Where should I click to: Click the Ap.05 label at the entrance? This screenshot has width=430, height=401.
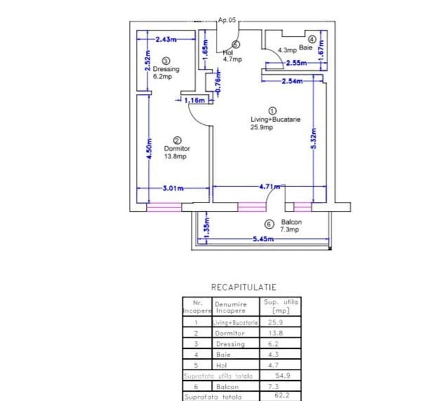click(x=227, y=20)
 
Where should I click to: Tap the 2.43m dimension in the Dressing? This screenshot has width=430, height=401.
click(x=166, y=39)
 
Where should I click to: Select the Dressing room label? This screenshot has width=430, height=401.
click(x=166, y=69)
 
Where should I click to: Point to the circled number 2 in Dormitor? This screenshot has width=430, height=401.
click(x=177, y=140)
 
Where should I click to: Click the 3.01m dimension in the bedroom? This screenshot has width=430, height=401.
click(x=173, y=188)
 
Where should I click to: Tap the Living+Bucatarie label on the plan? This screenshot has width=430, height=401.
click(x=275, y=119)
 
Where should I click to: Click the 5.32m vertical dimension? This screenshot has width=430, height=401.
click(x=314, y=139)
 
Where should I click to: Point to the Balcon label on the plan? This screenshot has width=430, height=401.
click(x=291, y=222)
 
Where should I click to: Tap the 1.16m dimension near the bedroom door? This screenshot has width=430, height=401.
click(x=194, y=101)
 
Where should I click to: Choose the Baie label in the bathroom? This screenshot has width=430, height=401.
click(x=306, y=48)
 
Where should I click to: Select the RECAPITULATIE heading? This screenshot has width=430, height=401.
click(x=243, y=287)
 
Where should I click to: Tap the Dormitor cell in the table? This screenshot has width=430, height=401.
click(x=229, y=333)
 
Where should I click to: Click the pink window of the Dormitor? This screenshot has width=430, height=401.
click(x=164, y=207)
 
